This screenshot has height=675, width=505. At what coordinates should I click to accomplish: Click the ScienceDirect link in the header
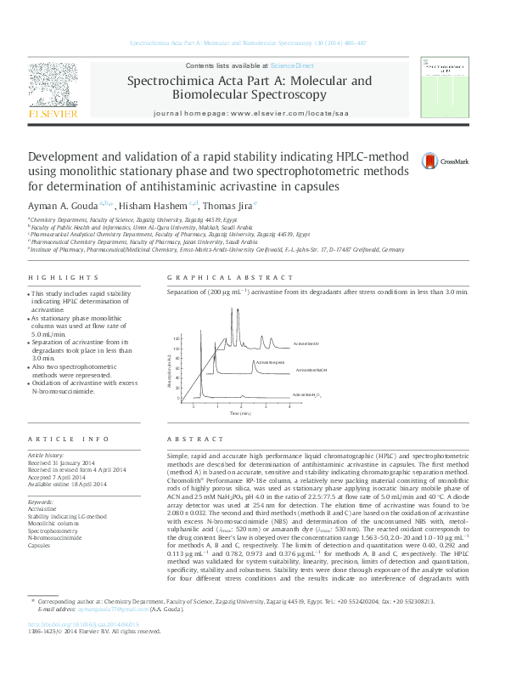(x=292, y=65)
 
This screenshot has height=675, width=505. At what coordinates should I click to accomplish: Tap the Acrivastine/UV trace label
(x=306, y=343)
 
